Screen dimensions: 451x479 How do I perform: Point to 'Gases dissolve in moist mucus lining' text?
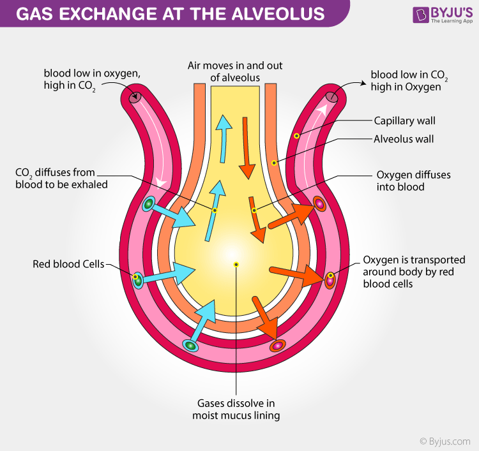tap(236, 409)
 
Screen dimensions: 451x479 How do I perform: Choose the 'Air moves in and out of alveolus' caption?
tap(235, 72)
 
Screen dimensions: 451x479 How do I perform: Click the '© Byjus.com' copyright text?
tap(445, 441)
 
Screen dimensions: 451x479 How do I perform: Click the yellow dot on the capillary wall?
tap(296, 136)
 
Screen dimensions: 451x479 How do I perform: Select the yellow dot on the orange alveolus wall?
tap(274, 163)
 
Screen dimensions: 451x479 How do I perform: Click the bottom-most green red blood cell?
tap(190, 345)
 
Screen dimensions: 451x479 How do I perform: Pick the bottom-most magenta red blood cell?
tap(277, 346)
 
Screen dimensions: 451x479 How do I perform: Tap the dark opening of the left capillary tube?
tap(135, 98)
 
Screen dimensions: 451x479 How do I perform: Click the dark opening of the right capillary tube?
tap(332, 98)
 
